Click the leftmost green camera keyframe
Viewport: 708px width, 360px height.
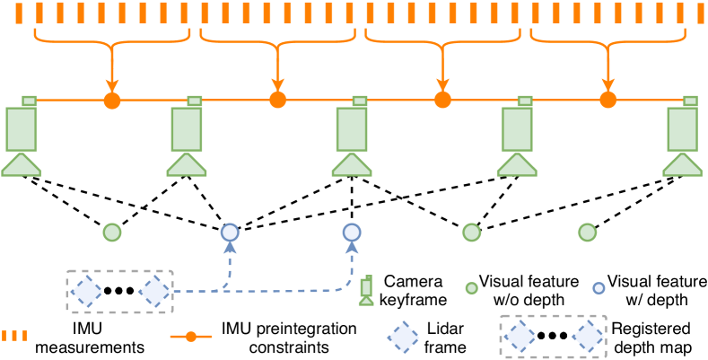tap(21, 135)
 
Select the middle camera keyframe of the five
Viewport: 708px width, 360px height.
tap(352, 135)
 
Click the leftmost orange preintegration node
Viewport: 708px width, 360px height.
tap(111, 100)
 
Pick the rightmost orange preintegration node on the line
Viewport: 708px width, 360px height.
tap(607, 100)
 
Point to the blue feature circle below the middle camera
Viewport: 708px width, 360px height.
tap(352, 233)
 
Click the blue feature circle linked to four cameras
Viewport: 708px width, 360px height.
tap(229, 233)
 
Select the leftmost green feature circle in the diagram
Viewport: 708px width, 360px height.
tap(111, 233)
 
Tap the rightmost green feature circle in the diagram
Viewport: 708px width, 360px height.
tap(588, 233)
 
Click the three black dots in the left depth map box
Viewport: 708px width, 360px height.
tap(118, 291)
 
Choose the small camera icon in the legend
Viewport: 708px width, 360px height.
tap(366, 289)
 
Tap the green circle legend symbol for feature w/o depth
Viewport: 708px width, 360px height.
tap(469, 289)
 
